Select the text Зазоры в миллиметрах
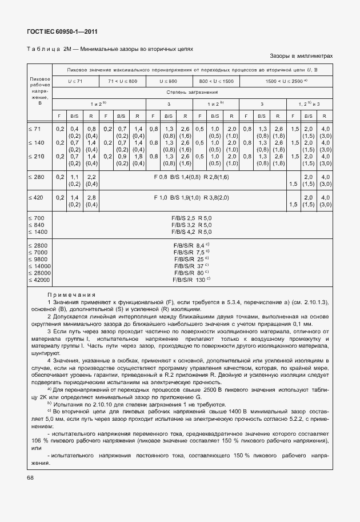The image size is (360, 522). tap(301, 57)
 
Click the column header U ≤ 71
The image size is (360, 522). tap(75, 81)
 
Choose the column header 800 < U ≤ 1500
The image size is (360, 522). tap(216, 81)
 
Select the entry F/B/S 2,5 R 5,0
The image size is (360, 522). tap(191, 218)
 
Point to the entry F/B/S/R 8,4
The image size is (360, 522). tap(191, 245)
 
